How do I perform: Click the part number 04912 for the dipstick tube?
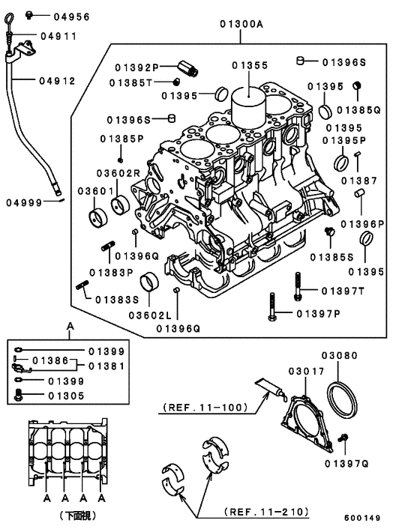tap(58, 80)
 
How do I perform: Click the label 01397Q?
tap(347, 464)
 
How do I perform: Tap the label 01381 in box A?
tap(106, 366)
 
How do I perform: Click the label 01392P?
tap(138, 67)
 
